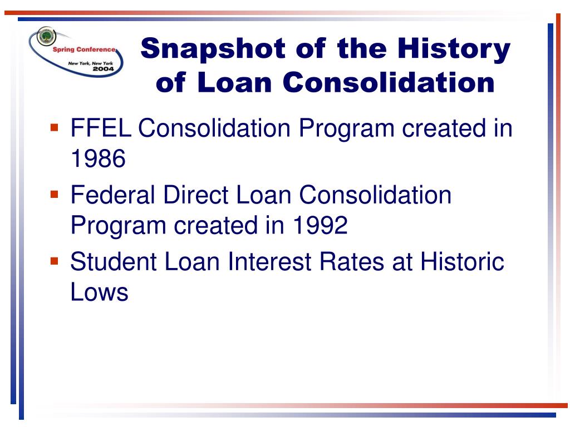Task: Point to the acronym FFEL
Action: [101, 128]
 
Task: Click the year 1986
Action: [98, 160]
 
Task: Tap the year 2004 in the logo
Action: [102, 69]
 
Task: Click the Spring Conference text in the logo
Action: [84, 49]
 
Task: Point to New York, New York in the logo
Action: [90, 63]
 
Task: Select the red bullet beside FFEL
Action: [55, 127]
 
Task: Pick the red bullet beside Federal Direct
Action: [55, 194]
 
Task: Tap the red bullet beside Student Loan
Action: [55, 260]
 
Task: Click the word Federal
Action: [114, 195]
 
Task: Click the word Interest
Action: [268, 261]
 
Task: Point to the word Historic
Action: [462, 261]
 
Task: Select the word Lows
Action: [99, 292]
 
